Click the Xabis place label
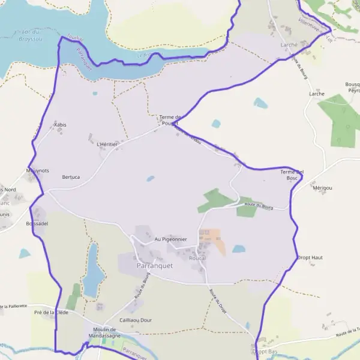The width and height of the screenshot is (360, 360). pyautogui.click(x=60, y=124)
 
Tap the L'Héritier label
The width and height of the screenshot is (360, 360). pyautogui.click(x=107, y=145)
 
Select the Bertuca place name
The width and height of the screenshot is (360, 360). pyautogui.click(x=71, y=177)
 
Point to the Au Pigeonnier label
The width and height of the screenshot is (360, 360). pyautogui.click(x=171, y=239)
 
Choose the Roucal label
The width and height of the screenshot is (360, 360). pyautogui.click(x=197, y=258)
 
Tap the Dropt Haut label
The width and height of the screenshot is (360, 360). pyautogui.click(x=310, y=257)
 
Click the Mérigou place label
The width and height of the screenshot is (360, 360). pyautogui.click(x=322, y=188)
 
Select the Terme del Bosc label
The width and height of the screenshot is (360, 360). pyautogui.click(x=292, y=175)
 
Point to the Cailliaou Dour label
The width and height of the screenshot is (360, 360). pyautogui.click(x=136, y=320)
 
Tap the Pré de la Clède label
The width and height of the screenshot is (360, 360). pyautogui.click(x=51, y=313)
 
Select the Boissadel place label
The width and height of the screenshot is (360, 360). pyautogui.click(x=37, y=223)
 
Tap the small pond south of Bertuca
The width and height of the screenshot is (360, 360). pyautogui.click(x=150, y=178)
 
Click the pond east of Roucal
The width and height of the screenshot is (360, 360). pyautogui.click(x=239, y=248)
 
